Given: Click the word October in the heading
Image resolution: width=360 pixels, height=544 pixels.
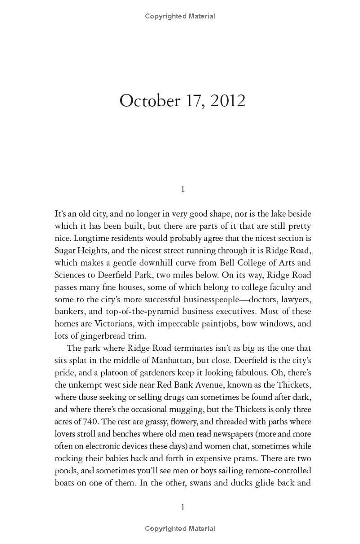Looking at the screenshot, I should pos(149,101).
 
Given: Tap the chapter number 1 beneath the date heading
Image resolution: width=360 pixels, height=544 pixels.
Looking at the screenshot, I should pos(183,189).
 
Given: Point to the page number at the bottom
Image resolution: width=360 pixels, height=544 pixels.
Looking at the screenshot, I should pos(183,508).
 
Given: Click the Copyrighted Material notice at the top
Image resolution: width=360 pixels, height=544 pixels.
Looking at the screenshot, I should pos(180,16).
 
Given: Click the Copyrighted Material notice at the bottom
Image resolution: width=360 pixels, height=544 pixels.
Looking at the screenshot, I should pos(180,529).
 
